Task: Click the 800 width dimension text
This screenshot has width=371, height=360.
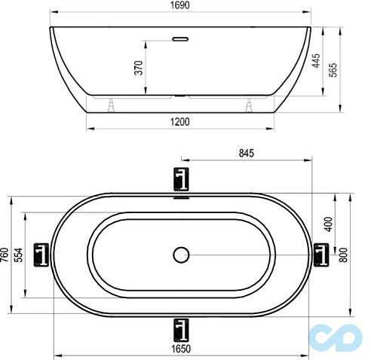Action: [x=345, y=255]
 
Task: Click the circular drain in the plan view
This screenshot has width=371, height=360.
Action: [x=180, y=255]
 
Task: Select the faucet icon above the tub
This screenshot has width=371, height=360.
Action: [x=180, y=179]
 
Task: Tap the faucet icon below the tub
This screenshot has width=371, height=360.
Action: [x=180, y=328]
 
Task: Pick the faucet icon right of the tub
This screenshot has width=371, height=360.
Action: [x=320, y=255]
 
